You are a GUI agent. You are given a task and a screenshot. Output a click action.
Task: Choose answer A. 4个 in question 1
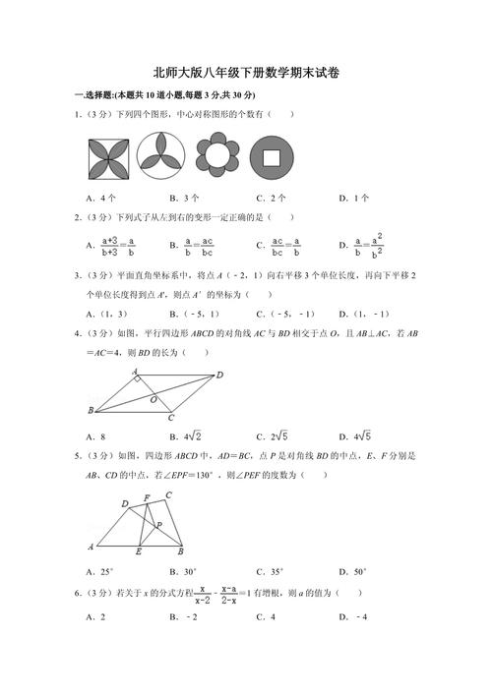coord(101,198)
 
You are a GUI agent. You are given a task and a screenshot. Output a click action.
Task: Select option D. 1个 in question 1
coord(354,198)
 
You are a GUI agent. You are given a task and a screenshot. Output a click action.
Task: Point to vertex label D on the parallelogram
coord(219,375)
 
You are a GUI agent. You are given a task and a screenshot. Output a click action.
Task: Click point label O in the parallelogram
coord(153,400)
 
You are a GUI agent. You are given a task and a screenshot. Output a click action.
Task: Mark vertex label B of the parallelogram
coord(91,410)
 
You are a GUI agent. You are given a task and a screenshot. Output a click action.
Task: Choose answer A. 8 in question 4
coord(96,435)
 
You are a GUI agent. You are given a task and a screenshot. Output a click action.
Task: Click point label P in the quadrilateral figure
coord(159,525)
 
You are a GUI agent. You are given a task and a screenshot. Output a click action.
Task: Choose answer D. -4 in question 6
coord(353,616)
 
